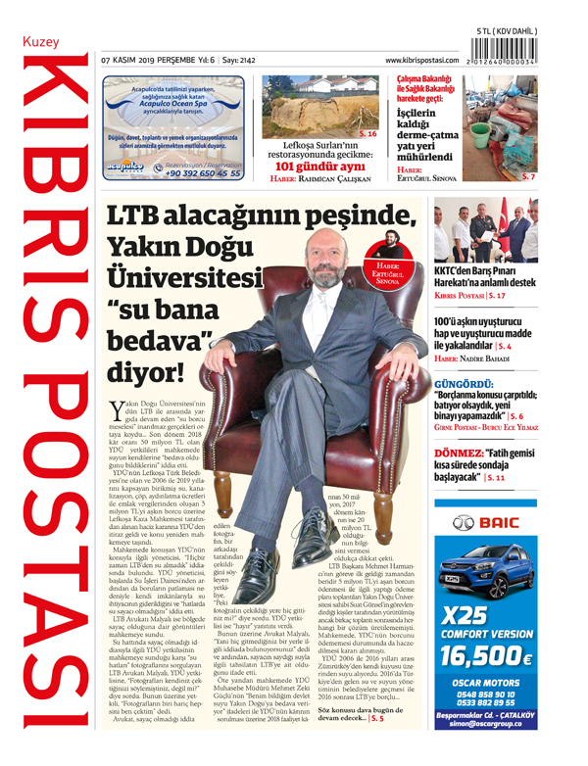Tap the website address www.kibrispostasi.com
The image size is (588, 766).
click(425, 62)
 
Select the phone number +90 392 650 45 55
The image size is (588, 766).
click(203, 172)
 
